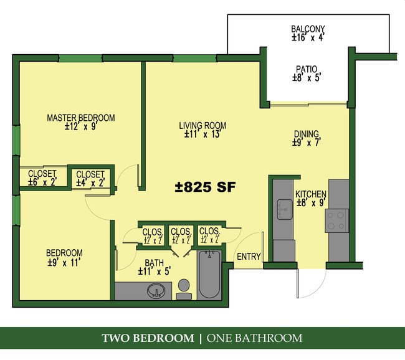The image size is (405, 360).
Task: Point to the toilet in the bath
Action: [x=183, y=287]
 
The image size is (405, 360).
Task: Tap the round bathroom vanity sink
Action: [x=156, y=290]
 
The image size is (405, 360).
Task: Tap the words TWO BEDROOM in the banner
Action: [x=148, y=339]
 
